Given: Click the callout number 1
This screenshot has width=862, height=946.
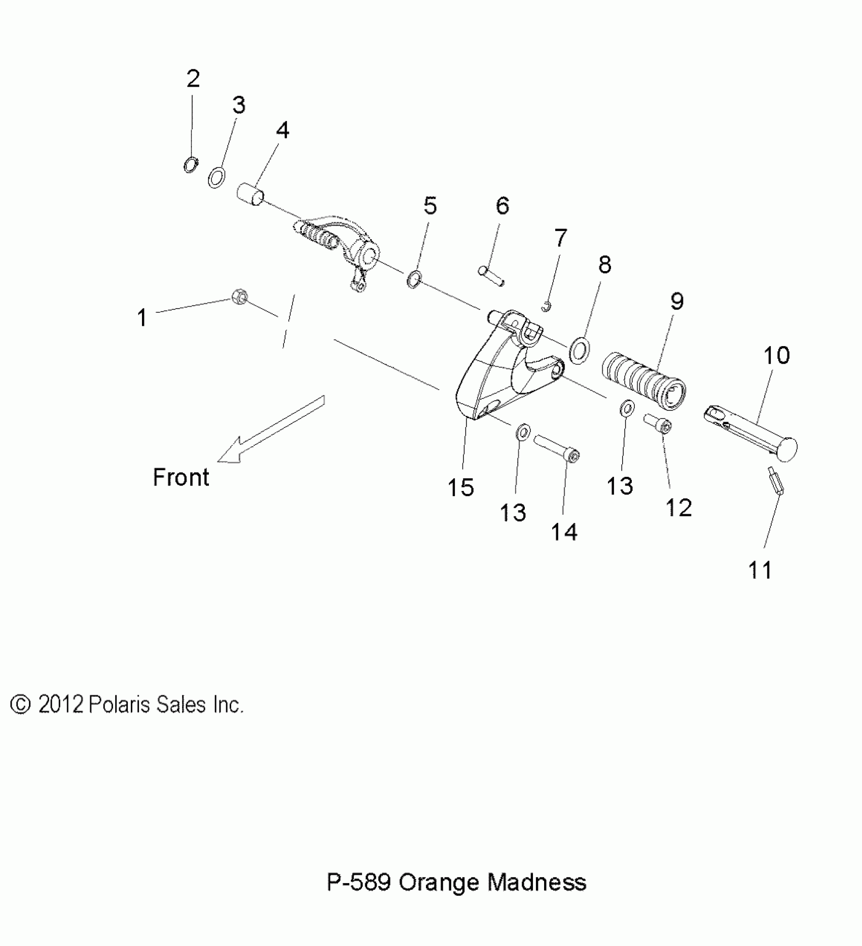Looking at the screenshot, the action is point(142,318).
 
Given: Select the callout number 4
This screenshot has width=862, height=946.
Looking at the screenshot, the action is point(282,131).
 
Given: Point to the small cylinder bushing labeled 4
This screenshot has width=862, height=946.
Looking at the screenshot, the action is point(251,195).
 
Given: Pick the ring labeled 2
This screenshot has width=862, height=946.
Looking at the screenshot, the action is point(191,165).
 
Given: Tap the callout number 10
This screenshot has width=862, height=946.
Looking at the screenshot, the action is point(776,355).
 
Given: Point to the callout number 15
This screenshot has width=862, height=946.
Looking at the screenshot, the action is point(460,487).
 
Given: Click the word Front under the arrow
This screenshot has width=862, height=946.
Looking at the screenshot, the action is point(181,477).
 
